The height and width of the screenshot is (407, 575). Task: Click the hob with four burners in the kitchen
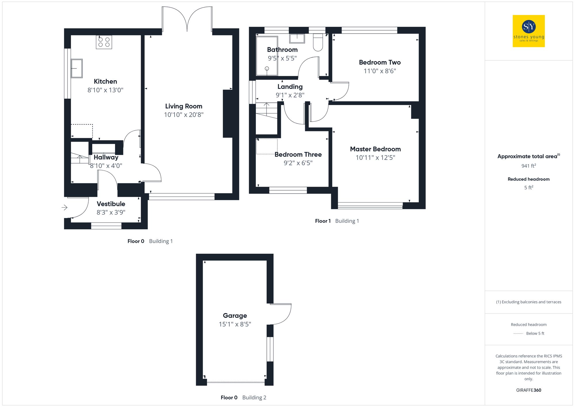pyautogui.click(x=104, y=42)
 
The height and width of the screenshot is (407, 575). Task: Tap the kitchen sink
pyautogui.click(x=77, y=68)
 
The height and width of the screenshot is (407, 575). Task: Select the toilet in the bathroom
pyautogui.click(x=318, y=43)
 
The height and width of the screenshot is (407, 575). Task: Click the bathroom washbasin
pyautogui.click(x=297, y=38)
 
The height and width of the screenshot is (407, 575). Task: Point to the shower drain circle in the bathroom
pyautogui.click(x=267, y=68)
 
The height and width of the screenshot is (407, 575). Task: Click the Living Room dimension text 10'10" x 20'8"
pyautogui.click(x=184, y=115)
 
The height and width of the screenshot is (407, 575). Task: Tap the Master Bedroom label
pyautogui.click(x=375, y=149)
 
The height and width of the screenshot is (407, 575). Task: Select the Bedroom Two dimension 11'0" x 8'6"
pyautogui.click(x=379, y=71)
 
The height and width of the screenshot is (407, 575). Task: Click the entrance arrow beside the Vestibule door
pyautogui.click(x=64, y=207)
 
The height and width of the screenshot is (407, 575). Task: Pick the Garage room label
pyautogui.click(x=235, y=316)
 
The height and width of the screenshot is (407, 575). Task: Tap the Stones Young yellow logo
pyautogui.click(x=528, y=31)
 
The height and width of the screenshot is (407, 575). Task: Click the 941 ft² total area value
pyautogui.click(x=528, y=166)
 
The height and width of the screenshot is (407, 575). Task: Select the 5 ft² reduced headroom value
pyautogui.click(x=528, y=188)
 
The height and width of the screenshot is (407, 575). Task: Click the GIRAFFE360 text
pyautogui.click(x=528, y=390)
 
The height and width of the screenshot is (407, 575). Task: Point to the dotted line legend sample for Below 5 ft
pyautogui.click(x=518, y=334)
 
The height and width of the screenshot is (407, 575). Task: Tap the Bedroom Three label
pyautogui.click(x=298, y=154)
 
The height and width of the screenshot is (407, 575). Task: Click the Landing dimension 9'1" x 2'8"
pyautogui.click(x=290, y=95)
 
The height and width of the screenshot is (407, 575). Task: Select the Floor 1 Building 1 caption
pyautogui.click(x=337, y=221)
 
